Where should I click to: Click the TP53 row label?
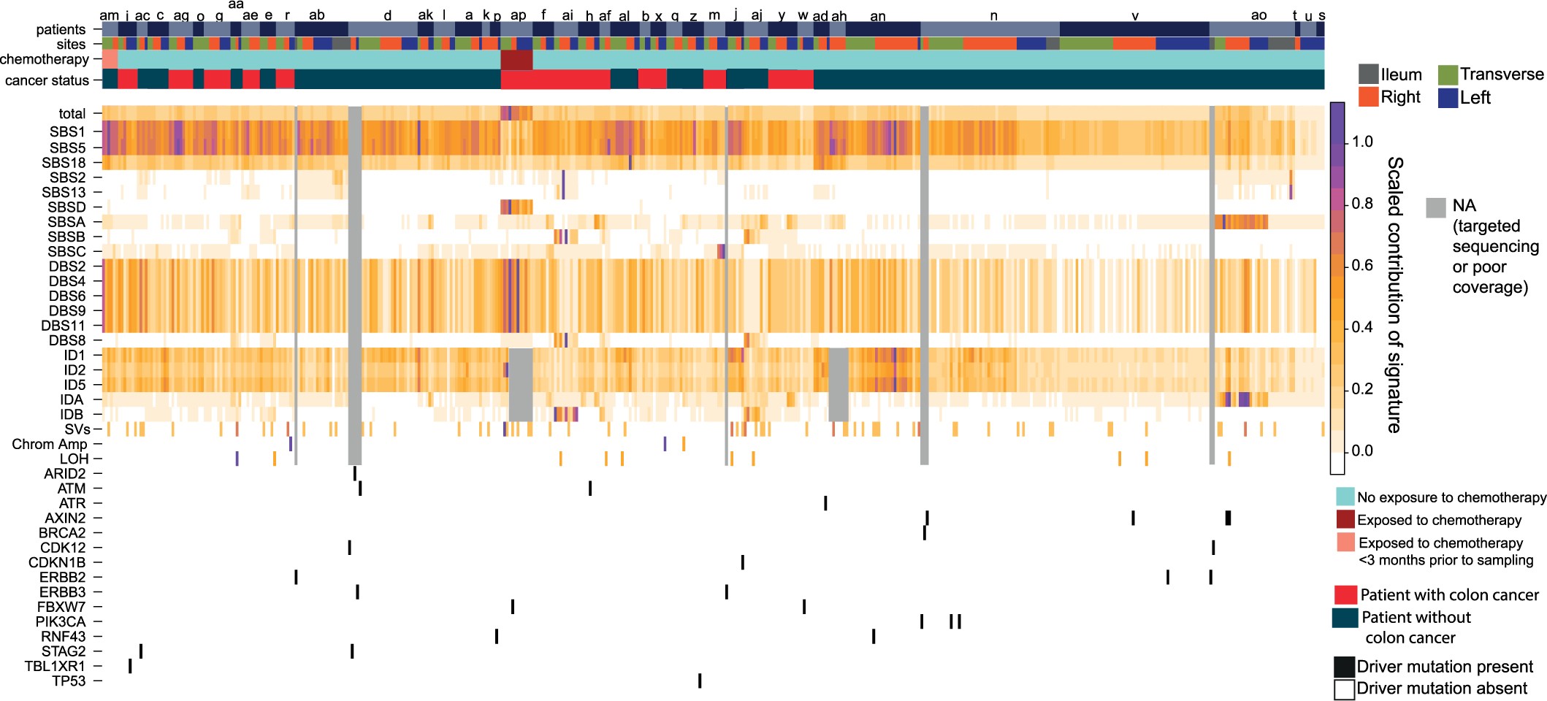coord(69,681)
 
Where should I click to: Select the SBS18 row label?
coord(64,163)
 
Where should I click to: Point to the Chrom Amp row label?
coord(50,444)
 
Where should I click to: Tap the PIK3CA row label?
coord(61,621)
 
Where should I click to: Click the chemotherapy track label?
coord(45,59)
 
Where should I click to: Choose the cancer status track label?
coord(47,80)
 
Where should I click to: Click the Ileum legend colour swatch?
coord(1368,74)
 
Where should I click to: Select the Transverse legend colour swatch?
coord(1448,74)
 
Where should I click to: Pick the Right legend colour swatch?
coord(1368,97)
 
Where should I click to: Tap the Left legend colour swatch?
coord(1448,97)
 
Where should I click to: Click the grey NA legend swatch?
coord(1436,207)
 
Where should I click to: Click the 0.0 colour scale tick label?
coord(1362,451)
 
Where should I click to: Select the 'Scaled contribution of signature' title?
coord(1394,294)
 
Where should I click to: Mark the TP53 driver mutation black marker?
coord(700,681)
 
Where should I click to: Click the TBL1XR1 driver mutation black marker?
coord(130,666)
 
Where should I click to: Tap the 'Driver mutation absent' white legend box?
coord(1344,689)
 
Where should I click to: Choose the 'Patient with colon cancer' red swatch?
coord(1345,595)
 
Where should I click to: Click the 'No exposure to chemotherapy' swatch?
coord(1345,497)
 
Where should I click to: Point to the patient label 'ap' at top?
coord(518,15)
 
